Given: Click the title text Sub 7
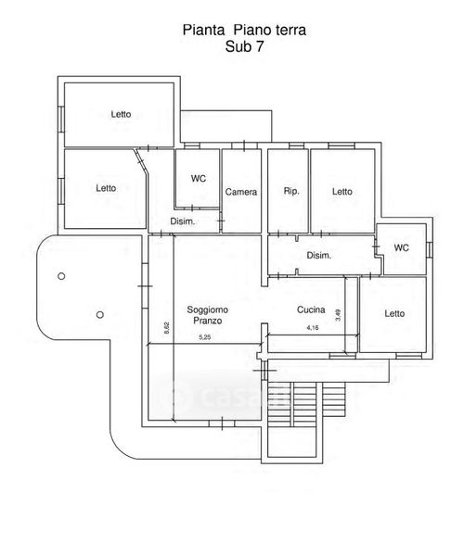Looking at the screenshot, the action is (244, 46).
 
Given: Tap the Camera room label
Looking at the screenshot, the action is (241, 192).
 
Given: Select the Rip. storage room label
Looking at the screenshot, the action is (291, 192).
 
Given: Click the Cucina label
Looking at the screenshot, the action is (311, 310).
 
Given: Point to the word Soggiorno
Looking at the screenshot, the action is (207, 310).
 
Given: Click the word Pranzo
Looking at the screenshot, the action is (207, 321).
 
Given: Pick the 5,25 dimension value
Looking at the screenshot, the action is (205, 337).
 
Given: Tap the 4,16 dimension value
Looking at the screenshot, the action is (313, 328).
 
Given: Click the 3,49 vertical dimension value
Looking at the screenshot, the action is (338, 315).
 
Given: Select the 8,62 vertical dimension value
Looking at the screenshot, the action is (167, 328).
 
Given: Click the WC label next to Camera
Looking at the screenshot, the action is (199, 178).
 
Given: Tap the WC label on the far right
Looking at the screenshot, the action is (401, 247).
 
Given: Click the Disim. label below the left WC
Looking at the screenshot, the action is (183, 221).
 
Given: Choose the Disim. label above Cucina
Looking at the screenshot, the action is (319, 256).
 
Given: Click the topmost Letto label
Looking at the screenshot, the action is (121, 114).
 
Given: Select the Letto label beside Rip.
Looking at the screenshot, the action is (342, 192).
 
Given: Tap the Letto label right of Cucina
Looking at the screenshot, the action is (394, 313).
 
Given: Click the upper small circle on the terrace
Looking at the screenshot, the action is (61, 276).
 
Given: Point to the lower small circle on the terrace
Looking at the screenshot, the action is (100, 314).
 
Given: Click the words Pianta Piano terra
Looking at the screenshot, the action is (244, 31).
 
